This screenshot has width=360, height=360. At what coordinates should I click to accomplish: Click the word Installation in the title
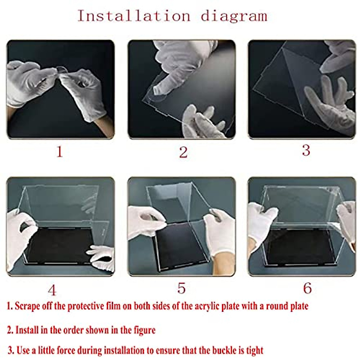(x=134, y=16)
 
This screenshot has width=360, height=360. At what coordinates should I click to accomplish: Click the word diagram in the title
(x=234, y=16)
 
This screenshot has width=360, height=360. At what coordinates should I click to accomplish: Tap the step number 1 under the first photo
(x=60, y=152)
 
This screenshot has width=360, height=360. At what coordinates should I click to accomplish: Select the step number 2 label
(x=183, y=152)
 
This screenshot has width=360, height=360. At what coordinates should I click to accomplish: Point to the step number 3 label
(x=306, y=150)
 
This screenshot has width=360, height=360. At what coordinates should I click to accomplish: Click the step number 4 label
(x=52, y=290)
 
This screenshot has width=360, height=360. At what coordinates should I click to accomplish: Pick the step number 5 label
(x=181, y=288)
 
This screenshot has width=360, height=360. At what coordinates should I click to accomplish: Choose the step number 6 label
(x=307, y=288)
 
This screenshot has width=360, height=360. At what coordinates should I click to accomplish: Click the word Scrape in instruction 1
(x=25, y=306)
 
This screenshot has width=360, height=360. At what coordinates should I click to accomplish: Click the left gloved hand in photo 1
(x=28, y=82)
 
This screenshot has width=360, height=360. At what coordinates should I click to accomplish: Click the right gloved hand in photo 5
(x=220, y=232)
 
